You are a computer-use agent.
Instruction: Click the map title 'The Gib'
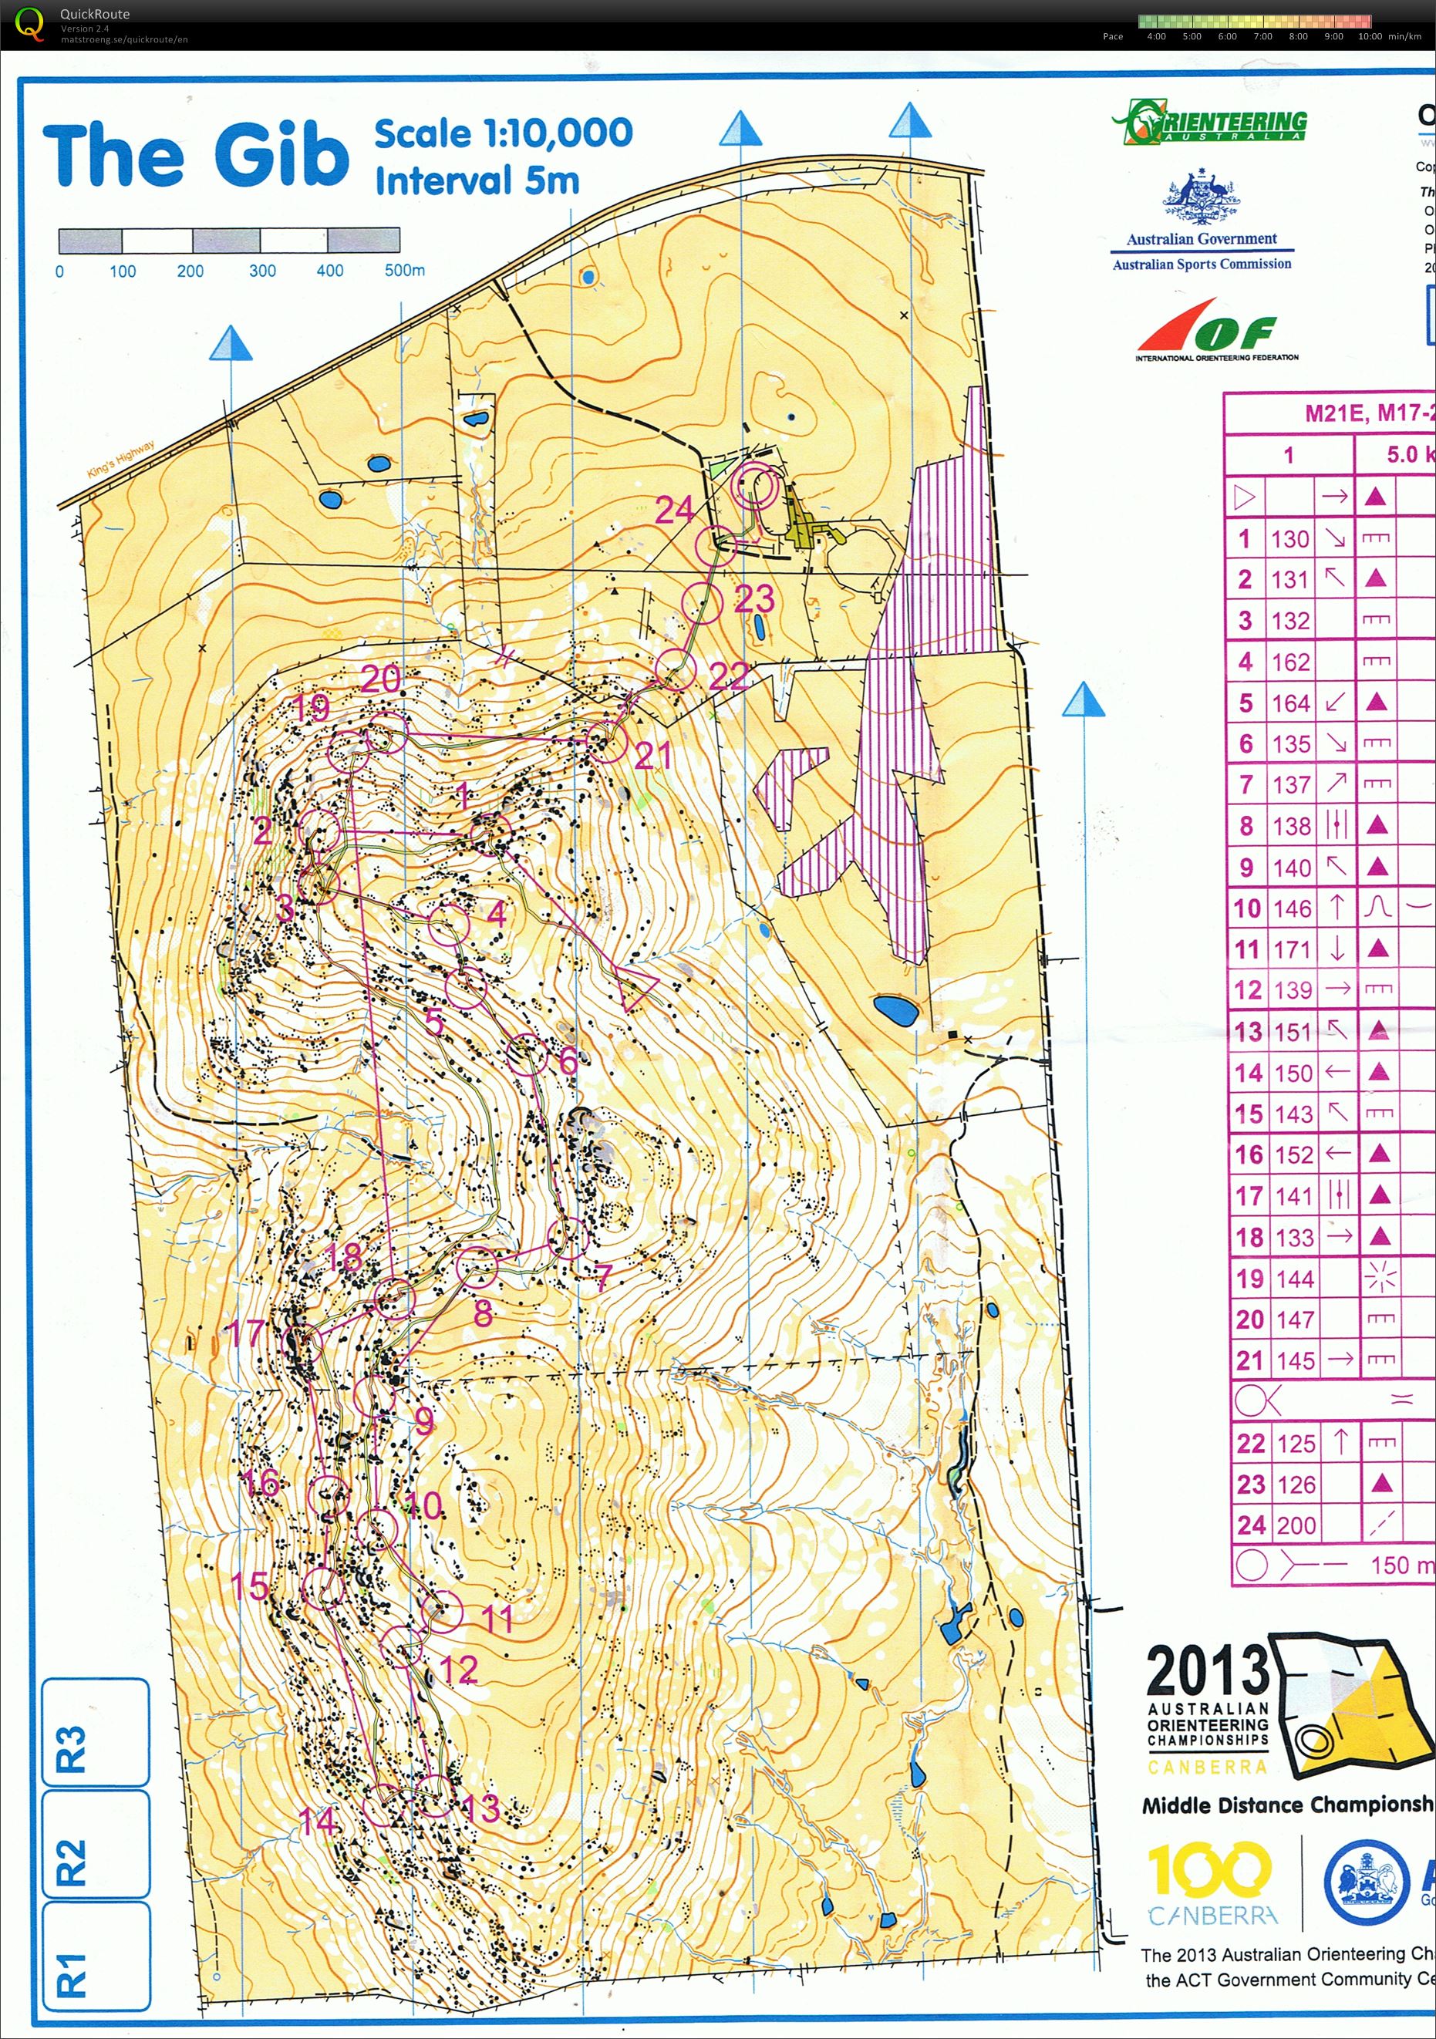195,156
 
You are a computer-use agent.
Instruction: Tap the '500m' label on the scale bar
404,270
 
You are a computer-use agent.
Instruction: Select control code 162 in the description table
1290,662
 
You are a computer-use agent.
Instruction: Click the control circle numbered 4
450,925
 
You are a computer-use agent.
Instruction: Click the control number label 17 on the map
245,1333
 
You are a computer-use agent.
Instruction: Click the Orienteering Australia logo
1208,123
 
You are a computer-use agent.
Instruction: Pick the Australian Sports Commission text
1202,264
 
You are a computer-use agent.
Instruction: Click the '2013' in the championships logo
1208,1670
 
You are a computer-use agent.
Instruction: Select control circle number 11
444,1612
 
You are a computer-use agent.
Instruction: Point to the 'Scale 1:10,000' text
503,133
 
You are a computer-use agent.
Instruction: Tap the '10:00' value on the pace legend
1370,36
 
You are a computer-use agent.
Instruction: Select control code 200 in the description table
1296,1525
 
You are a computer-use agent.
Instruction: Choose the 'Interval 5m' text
477,180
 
